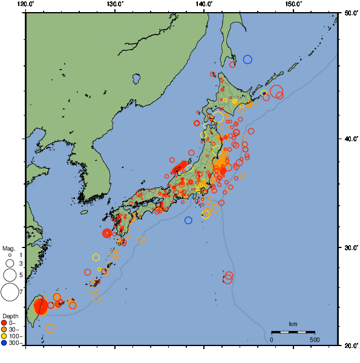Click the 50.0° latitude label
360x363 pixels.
click(350, 13)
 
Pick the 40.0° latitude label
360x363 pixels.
click(350, 139)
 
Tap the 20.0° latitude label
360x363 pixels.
click(350, 345)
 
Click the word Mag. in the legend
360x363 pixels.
click(8, 248)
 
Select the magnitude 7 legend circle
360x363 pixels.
click(9, 292)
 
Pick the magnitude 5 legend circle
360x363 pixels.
click(10, 275)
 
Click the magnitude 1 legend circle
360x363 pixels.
click(10, 255)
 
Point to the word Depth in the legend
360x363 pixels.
click(10, 316)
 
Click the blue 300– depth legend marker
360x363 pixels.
click(4, 343)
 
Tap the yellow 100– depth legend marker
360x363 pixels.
click(4, 336)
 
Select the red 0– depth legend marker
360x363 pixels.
click(4, 322)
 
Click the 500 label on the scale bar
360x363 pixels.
click(315, 339)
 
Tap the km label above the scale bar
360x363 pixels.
click(293, 324)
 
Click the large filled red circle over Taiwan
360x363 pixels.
click(41, 306)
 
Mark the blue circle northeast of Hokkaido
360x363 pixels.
click(247, 59)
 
